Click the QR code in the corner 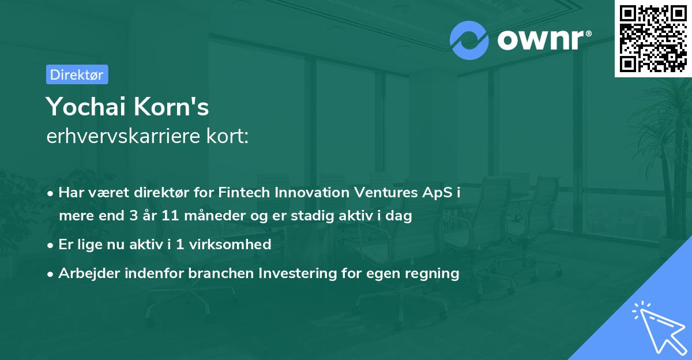point(653,38)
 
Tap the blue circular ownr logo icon point(469,40)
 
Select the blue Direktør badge point(77,74)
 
